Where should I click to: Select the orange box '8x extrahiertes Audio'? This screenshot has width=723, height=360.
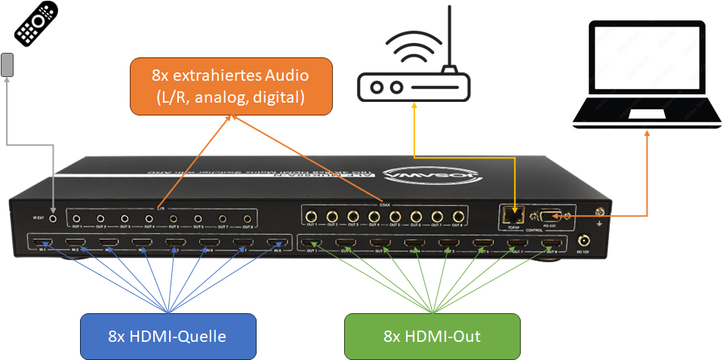point(230,86)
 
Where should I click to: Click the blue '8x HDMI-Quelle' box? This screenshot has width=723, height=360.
point(168,336)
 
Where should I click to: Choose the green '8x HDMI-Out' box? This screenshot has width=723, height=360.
point(432,336)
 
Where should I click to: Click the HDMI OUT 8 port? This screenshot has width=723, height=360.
point(552,244)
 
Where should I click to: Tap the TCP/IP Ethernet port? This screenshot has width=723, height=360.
point(515,214)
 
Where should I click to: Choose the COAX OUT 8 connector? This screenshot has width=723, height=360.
point(457,217)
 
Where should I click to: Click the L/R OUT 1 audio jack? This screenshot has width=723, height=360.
point(76,219)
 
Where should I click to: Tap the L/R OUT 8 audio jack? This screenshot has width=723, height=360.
point(247,219)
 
